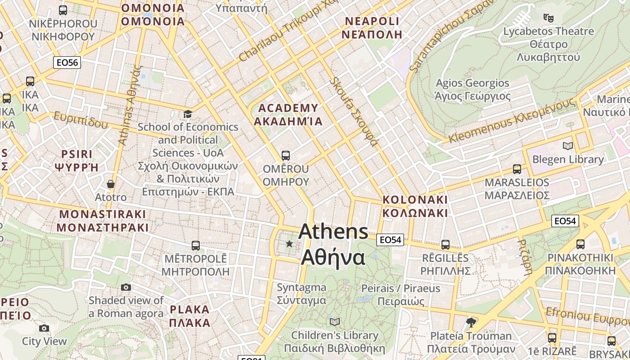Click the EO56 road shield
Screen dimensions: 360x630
pos(67,63)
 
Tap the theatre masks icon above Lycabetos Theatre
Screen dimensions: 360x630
pos(548,18)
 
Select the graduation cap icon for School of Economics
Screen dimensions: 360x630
pos(188,114)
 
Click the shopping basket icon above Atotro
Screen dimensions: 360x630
pos(110,184)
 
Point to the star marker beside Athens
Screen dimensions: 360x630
pos(289,244)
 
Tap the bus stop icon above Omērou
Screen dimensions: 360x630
pos(285,156)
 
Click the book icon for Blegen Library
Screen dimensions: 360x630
pos(568,146)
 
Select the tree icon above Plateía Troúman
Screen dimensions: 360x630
pos(471,322)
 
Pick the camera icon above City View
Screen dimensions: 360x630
pos(44,328)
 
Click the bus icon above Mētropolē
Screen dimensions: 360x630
pos(195,246)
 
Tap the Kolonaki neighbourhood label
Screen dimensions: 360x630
pos(415,206)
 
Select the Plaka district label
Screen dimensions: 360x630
pos(189,316)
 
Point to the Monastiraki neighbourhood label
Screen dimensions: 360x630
pos(103,220)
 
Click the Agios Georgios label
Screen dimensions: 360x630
pos(472,90)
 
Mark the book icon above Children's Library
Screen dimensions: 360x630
pos(334,322)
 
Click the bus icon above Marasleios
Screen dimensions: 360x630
pos(517,169)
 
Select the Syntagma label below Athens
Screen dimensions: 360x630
pos(301,293)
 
